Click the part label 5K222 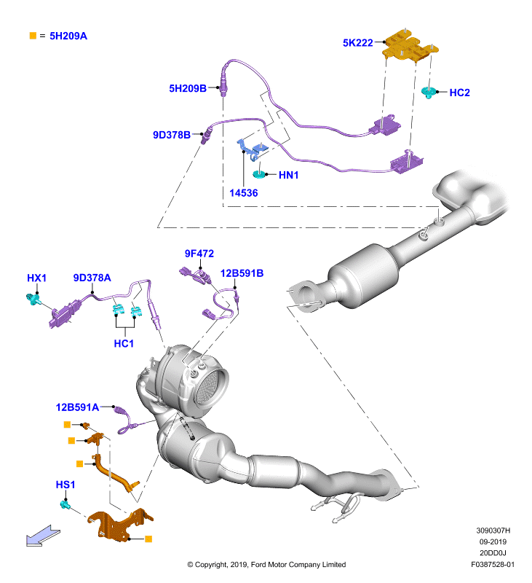(x=357, y=43)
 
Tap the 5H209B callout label (x=188, y=88)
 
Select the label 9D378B (x=172, y=135)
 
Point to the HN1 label (x=288, y=175)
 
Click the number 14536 (x=244, y=193)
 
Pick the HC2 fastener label (x=460, y=93)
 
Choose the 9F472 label (x=199, y=254)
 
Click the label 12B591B (x=242, y=273)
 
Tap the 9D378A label (x=92, y=278)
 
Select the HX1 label (x=37, y=278)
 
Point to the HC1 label (x=124, y=343)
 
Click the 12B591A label (x=77, y=407)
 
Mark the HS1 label (x=65, y=485)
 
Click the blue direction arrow (x=43, y=536)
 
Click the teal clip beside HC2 (x=429, y=93)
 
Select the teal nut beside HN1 (x=259, y=173)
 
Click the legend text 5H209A (x=68, y=36)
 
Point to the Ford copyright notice (x=266, y=564)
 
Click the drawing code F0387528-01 (x=493, y=564)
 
